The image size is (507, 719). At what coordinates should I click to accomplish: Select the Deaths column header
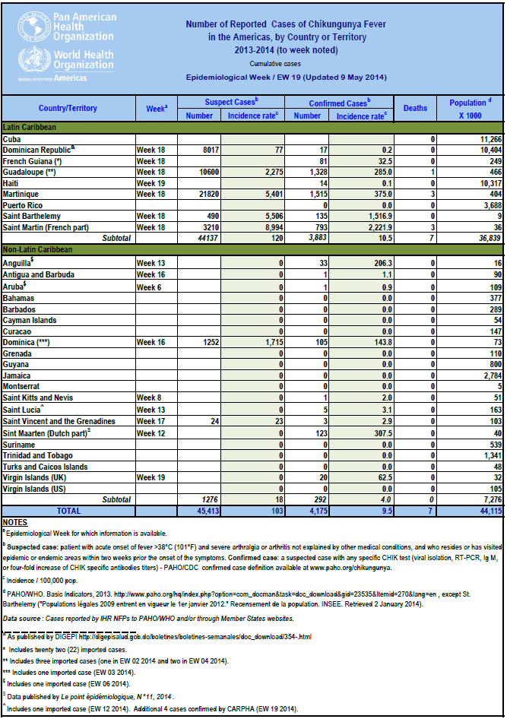(415, 108)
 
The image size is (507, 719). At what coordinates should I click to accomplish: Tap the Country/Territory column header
(68, 108)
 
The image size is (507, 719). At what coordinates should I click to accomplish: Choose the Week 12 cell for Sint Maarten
(150, 432)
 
